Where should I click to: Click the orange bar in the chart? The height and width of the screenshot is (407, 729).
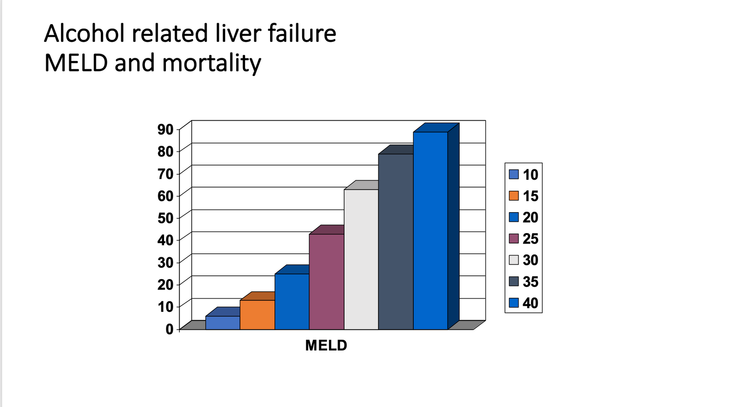coord(257,315)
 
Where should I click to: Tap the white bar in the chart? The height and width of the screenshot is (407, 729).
coord(361,259)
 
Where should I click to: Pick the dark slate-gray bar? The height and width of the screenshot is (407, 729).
coord(395,241)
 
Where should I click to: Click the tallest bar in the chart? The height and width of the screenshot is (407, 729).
coord(430,230)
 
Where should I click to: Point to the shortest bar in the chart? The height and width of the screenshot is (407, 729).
coord(222,322)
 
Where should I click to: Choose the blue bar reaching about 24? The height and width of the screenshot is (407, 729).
coord(292,301)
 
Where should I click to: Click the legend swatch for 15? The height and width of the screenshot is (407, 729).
coord(514,196)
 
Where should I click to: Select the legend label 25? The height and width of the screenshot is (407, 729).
coord(530,239)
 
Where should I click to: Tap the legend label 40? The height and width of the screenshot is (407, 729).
coord(530,303)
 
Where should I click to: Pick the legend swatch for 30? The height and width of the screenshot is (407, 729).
coord(514,260)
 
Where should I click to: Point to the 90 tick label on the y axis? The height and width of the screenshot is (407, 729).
coord(165,129)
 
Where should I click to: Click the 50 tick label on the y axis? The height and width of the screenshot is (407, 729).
coord(165,218)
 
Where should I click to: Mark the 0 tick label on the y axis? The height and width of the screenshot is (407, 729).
coord(169,329)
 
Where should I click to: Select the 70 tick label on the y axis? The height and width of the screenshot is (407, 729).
coord(165,173)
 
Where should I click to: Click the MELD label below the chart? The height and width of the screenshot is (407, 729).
coord(326,346)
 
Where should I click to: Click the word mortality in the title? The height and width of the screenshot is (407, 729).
coord(211,63)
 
